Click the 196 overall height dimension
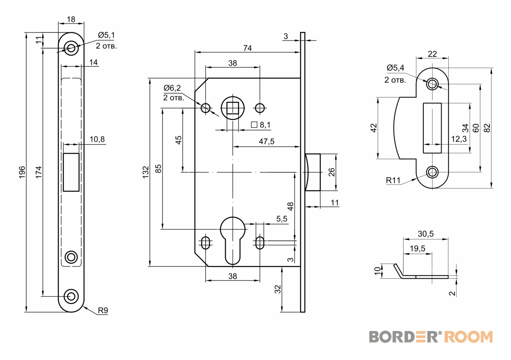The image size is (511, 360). (x=22, y=172)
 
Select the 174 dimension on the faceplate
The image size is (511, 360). (x=39, y=172)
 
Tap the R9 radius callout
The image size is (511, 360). (x=103, y=310)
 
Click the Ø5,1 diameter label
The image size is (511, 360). (x=106, y=35)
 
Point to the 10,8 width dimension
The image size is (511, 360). (x=97, y=139)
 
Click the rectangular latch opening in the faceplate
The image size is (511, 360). (x=71, y=172)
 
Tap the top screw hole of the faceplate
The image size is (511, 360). (x=71, y=48)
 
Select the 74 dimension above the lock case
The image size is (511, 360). (x=247, y=48)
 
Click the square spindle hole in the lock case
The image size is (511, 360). (x=233, y=108)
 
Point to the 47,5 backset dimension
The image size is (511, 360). (x=267, y=142)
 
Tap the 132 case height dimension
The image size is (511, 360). (x=146, y=172)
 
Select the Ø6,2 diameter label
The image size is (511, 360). (x=172, y=88)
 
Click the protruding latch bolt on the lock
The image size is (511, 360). (x=313, y=172)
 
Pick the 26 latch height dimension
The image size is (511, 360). (x=331, y=172)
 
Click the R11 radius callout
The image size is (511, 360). (x=393, y=180)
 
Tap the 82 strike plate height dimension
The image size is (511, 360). (x=487, y=128)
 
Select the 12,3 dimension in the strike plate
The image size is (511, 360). (x=459, y=139)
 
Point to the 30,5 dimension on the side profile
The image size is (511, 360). (x=426, y=234)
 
